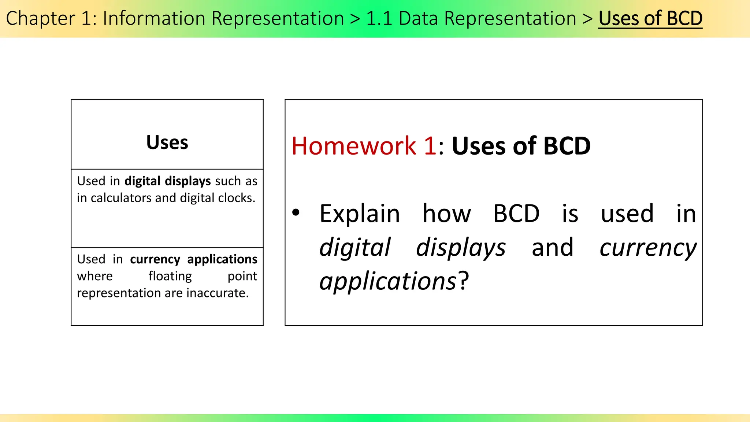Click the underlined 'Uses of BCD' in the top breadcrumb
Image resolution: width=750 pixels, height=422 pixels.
click(650, 18)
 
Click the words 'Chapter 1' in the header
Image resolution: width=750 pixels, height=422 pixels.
click(49, 18)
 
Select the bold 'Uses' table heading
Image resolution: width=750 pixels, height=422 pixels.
click(167, 142)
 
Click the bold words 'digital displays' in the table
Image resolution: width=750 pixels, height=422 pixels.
click(167, 181)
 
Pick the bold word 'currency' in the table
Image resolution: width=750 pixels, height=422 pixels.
click(155, 259)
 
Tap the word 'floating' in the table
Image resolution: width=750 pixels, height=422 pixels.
click(170, 276)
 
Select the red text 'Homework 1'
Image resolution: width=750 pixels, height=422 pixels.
click(364, 146)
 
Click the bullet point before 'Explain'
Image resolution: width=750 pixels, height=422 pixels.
click(296, 212)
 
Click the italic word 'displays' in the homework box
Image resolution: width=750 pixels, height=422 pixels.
click(461, 248)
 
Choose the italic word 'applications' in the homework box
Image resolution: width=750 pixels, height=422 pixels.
click(387, 281)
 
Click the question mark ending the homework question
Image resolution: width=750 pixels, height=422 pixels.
click(464, 281)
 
